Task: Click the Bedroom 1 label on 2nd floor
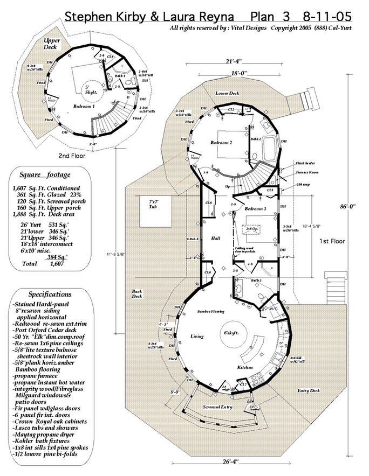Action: click(x=85, y=107)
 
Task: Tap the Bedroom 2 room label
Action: click(x=221, y=143)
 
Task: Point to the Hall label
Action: click(x=216, y=237)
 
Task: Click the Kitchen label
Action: click(x=245, y=367)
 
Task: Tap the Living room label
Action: click(x=196, y=337)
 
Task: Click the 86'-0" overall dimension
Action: click(x=353, y=206)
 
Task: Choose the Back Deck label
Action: click(x=137, y=294)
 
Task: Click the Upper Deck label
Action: click(x=51, y=44)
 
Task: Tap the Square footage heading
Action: click(x=45, y=174)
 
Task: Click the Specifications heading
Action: click(x=50, y=294)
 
